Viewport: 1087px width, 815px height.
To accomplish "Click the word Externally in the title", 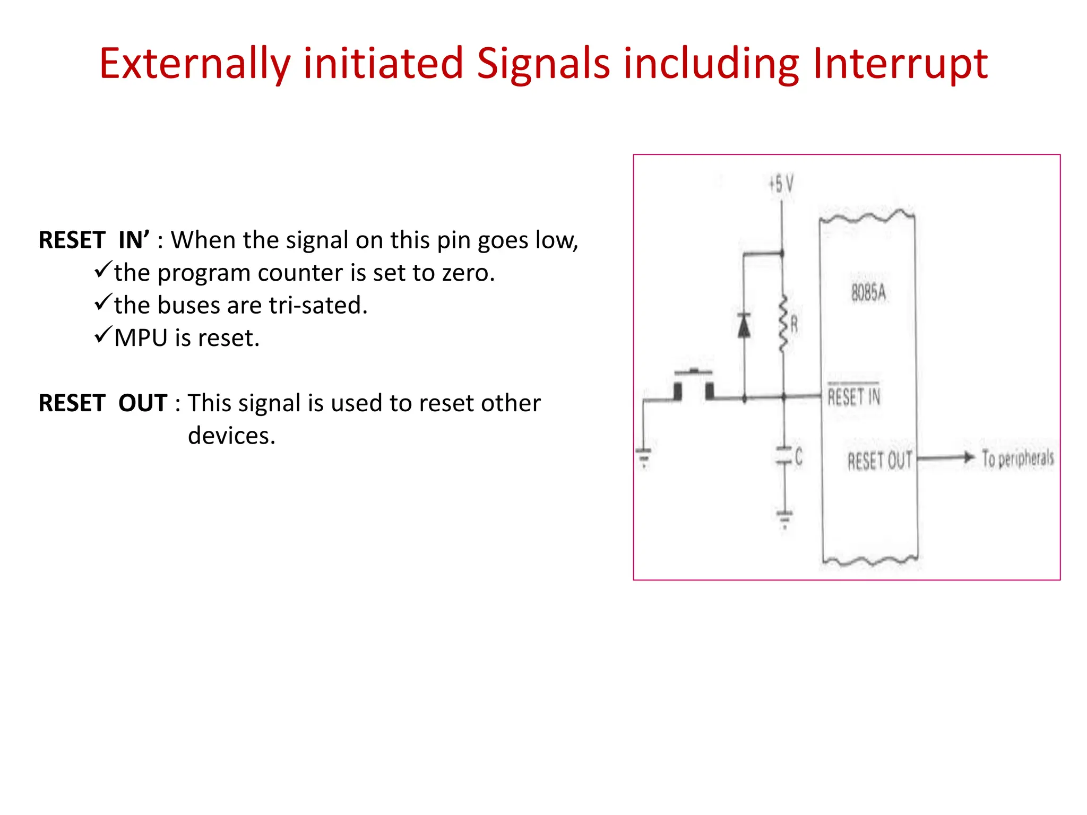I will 194,64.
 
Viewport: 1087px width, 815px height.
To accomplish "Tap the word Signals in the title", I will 543,64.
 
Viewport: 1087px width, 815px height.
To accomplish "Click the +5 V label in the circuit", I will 781,185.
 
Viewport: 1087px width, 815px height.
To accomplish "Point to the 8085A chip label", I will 868,292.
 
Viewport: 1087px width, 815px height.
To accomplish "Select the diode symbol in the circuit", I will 744,326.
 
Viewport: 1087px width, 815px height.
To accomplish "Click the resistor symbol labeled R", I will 783,324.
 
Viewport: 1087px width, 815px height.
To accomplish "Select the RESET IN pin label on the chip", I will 854,397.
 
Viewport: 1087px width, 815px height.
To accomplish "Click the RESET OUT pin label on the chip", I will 879,461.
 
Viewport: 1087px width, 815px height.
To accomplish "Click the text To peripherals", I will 1017,458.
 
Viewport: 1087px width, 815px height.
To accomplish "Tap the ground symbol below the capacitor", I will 784,517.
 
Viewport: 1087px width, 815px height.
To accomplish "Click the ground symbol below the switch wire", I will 643,456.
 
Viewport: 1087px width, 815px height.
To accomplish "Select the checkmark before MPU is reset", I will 103,335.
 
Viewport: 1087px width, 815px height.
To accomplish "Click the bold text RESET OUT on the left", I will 103,403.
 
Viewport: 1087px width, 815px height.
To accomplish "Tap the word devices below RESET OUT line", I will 231,436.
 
